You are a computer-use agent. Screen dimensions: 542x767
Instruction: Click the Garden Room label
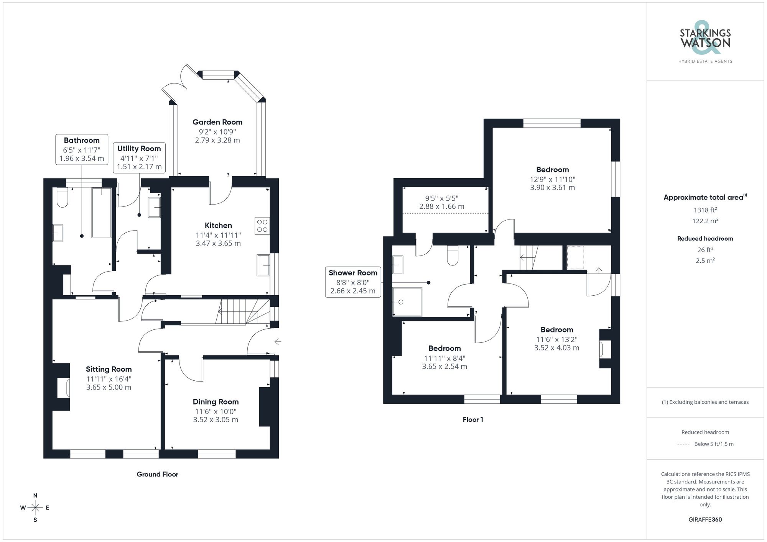[217, 122]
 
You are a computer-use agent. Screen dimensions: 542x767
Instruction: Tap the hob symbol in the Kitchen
[262, 226]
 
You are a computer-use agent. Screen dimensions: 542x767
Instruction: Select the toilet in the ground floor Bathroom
[62, 197]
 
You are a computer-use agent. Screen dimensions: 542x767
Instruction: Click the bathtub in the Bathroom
[101, 213]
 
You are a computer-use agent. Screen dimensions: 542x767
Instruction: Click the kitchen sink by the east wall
[263, 265]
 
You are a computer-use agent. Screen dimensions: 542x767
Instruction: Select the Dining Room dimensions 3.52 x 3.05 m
[216, 420]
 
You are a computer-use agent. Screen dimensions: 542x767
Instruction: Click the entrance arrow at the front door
[278, 341]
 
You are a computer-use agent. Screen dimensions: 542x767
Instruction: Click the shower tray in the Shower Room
[407, 302]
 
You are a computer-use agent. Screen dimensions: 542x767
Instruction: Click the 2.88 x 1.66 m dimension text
[441, 206]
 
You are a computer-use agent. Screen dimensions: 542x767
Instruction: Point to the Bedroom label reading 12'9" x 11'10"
[552, 170]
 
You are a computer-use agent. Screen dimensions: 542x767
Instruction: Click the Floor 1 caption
[472, 419]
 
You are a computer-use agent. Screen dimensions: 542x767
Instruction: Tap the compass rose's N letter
[35, 496]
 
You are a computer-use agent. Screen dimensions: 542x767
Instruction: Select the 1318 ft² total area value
[705, 210]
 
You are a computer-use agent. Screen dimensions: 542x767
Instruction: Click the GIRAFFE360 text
[705, 519]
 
